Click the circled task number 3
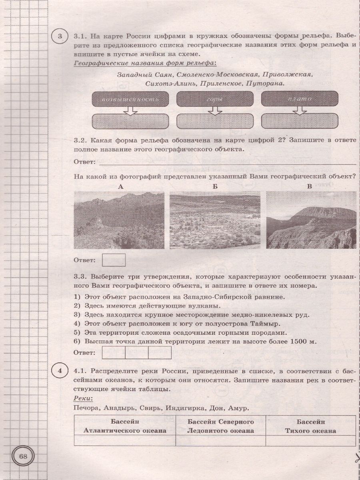click(x=60, y=38)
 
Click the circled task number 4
click(x=60, y=372)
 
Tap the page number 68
click(x=24, y=457)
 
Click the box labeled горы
click(x=215, y=99)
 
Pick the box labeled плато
click(x=300, y=99)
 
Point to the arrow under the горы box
click(x=215, y=110)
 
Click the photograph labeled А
click(x=119, y=220)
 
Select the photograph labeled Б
click(x=215, y=220)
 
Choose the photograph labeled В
click(x=311, y=220)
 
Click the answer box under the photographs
click(x=114, y=260)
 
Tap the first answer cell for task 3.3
click(x=114, y=352)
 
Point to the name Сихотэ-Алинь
click(x=172, y=84)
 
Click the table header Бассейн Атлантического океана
click(x=125, y=426)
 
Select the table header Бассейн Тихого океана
click(x=310, y=426)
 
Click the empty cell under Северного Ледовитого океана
click(x=221, y=440)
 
